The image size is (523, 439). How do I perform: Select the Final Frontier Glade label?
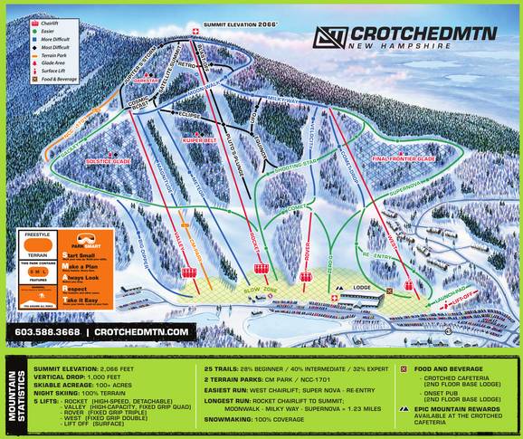[404, 158]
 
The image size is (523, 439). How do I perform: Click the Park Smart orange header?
[87, 245]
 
